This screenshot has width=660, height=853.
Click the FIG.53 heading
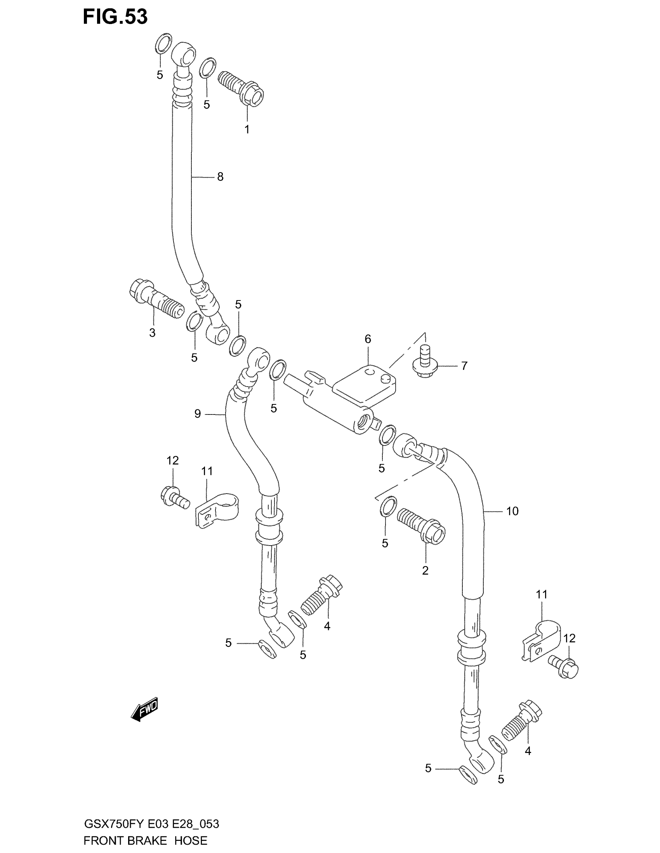(115, 17)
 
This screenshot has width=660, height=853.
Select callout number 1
(247, 129)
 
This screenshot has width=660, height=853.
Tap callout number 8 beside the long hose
(220, 177)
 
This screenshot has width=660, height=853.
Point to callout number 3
(152, 333)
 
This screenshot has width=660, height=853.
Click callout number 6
(368, 339)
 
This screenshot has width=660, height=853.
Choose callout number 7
(464, 366)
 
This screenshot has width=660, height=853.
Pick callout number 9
(198, 414)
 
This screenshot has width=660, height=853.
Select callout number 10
(512, 511)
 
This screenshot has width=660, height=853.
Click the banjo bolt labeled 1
(241, 88)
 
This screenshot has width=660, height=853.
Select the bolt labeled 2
(421, 526)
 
